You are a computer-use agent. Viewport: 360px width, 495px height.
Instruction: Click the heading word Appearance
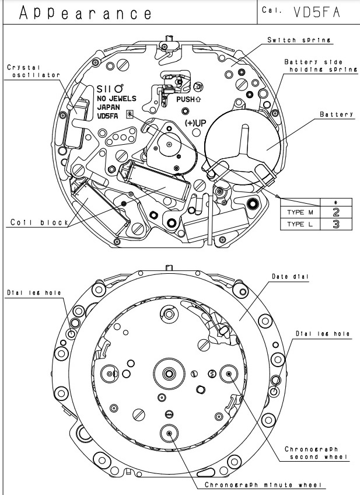[86, 13]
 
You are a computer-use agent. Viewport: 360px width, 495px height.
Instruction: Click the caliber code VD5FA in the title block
[317, 12]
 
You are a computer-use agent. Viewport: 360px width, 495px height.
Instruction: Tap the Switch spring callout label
[299, 40]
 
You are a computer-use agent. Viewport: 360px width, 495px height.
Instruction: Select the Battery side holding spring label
[321, 65]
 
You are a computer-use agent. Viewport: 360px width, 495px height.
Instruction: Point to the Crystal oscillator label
[33, 71]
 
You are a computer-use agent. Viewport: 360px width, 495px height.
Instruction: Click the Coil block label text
[40, 222]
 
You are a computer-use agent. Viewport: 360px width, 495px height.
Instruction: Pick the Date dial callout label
[290, 277]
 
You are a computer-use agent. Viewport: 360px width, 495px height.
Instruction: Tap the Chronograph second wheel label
[316, 453]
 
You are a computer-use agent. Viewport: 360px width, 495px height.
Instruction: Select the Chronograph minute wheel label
[264, 484]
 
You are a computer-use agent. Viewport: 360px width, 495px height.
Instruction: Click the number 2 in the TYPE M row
[336, 212]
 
